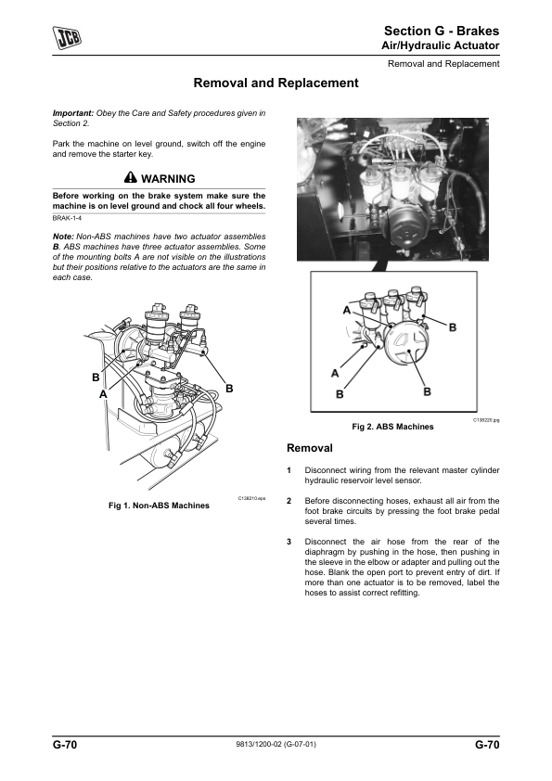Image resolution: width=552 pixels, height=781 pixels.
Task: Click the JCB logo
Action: click(67, 38)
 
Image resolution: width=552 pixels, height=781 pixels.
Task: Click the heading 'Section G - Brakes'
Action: click(442, 31)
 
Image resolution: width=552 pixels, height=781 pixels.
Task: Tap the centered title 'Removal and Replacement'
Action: click(276, 83)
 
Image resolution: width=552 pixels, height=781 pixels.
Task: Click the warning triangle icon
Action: click(131, 178)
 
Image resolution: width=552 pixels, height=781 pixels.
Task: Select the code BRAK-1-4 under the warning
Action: click(67, 218)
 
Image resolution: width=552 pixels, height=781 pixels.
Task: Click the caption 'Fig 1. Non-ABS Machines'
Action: click(159, 506)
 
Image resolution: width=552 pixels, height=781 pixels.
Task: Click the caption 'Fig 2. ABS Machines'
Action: click(392, 427)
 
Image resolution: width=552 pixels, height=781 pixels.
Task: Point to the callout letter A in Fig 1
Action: click(103, 394)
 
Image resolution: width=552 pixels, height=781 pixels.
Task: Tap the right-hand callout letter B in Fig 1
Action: click(229, 389)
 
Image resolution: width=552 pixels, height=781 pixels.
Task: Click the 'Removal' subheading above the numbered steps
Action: click(309, 448)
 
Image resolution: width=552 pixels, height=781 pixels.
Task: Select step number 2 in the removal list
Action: click(289, 501)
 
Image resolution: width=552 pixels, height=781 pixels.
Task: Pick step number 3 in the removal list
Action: click(289, 542)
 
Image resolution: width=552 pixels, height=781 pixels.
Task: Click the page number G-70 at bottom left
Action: click(65, 745)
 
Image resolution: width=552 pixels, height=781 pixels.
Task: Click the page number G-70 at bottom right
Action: click(487, 745)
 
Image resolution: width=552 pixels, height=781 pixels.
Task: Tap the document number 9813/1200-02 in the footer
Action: click(259, 745)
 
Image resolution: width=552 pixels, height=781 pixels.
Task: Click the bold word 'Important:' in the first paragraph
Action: click(73, 113)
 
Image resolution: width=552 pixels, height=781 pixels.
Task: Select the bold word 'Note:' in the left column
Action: click(63, 237)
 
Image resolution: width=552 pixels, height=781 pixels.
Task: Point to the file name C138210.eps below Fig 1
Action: click(251, 498)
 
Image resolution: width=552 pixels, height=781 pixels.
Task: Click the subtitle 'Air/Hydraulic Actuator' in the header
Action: click(441, 45)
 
